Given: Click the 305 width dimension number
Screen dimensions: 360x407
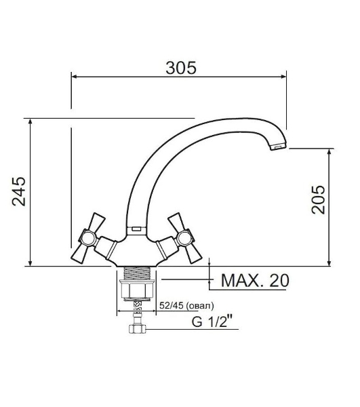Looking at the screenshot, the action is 181,68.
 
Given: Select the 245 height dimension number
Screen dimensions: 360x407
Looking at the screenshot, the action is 19,191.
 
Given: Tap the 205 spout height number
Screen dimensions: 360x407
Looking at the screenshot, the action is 318,199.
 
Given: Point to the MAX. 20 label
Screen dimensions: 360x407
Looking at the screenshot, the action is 255,280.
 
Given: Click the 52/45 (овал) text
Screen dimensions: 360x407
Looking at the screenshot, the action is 186,305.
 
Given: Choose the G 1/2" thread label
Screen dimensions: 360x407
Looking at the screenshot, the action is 212,322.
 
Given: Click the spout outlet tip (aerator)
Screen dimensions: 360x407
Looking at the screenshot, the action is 278,147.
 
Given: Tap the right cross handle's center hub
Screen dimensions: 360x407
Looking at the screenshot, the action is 184,238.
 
